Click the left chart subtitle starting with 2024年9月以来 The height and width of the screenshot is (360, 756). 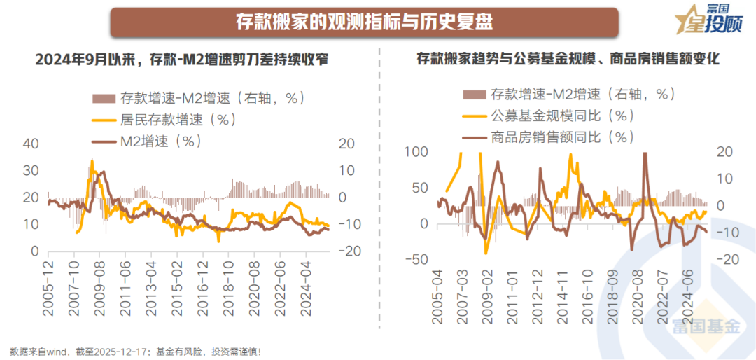182,60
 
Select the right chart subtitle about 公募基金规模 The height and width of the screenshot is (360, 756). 568,60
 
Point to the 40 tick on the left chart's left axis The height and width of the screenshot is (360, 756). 30,144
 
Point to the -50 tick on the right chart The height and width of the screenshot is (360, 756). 417,260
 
